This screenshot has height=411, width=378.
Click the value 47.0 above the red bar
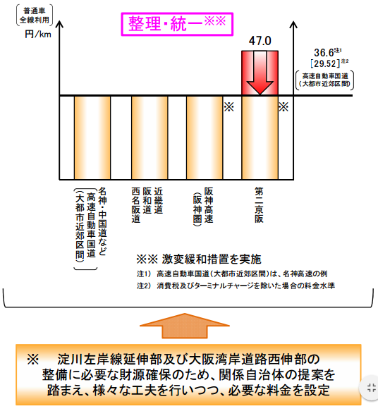pyautogui.click(x=260, y=41)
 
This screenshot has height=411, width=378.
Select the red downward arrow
pyautogui.click(x=260, y=73)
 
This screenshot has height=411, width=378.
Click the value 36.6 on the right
pyautogui.click(x=324, y=53)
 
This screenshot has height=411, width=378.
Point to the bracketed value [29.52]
pyautogui.click(x=325, y=63)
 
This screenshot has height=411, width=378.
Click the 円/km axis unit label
pyautogui.click(x=38, y=35)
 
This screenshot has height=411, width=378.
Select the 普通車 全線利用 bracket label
pyautogui.click(x=35, y=16)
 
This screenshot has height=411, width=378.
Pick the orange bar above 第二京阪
pyautogui.click(x=260, y=137)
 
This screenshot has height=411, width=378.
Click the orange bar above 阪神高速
pyautogui.click(x=205, y=137)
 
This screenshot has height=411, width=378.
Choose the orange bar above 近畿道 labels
pyautogui.click(x=150, y=137)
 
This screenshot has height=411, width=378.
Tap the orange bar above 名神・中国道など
pyautogui.click(x=92, y=137)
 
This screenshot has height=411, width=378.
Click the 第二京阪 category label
pyautogui.click(x=259, y=205)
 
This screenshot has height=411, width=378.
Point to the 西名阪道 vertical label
pyautogui.click(x=136, y=205)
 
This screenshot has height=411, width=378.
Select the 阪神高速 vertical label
pyautogui.click(x=209, y=205)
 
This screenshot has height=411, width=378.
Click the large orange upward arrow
pyautogui.click(x=185, y=326)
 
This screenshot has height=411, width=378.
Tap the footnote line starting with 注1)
pyautogui.click(x=232, y=274)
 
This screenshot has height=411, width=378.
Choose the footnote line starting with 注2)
pyautogui.click(x=236, y=286)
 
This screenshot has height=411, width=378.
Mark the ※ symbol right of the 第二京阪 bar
pyautogui.click(x=283, y=107)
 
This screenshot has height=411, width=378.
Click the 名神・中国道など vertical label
pyautogui.click(x=102, y=221)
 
